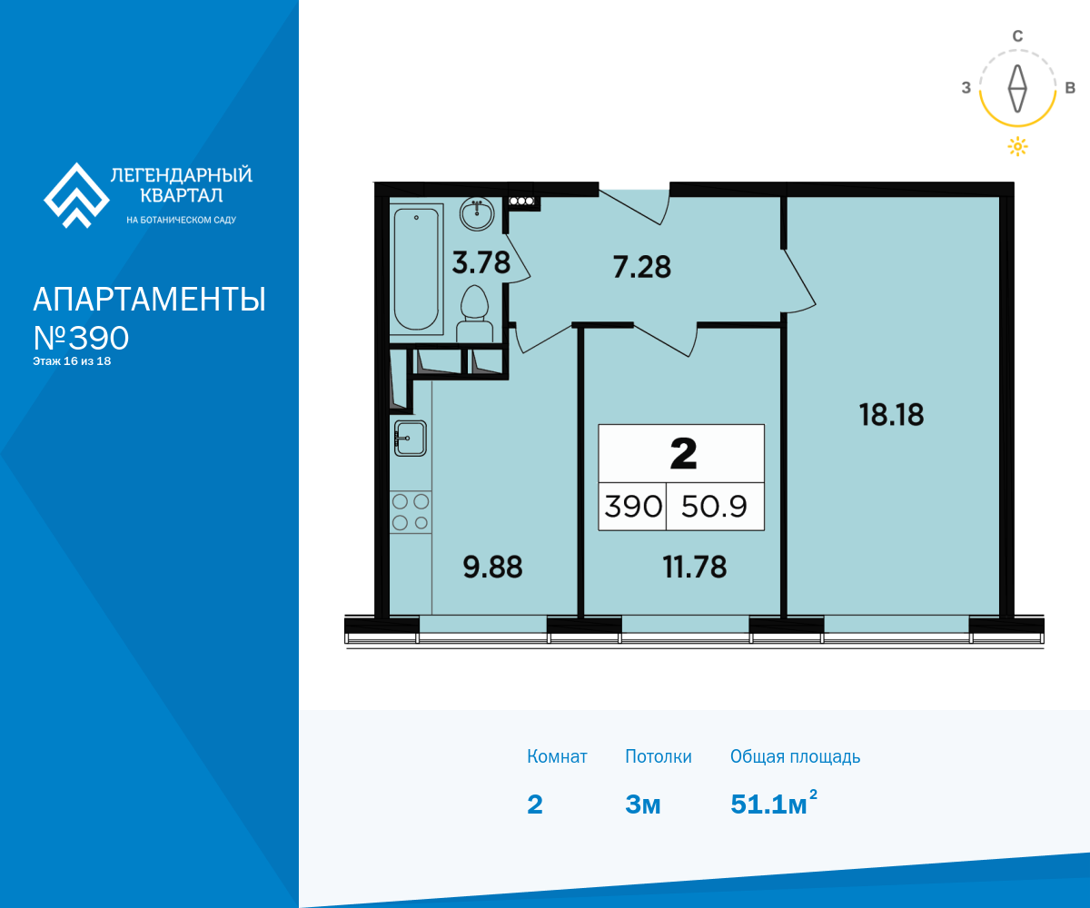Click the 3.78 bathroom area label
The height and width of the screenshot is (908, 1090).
point(481,262)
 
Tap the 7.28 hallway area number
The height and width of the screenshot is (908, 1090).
point(641,267)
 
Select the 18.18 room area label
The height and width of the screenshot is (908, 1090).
point(892,415)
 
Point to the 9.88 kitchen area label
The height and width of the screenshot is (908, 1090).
point(492,567)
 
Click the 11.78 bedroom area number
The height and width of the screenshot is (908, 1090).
point(695,567)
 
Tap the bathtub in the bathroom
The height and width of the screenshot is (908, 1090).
point(416,270)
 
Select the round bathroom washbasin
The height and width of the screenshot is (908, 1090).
point(477,214)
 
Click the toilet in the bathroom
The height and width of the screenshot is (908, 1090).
point(474,313)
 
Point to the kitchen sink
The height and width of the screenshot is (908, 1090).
point(411,439)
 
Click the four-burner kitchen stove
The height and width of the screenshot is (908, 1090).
point(411,512)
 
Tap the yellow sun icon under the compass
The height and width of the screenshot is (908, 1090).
point(1017,146)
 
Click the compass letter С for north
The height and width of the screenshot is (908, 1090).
point(1017,36)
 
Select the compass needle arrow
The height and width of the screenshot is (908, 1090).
point(1017,89)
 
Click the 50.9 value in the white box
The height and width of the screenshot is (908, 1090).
point(714,506)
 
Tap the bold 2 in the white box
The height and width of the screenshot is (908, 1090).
point(683,453)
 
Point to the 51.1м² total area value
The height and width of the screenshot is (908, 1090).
point(774,803)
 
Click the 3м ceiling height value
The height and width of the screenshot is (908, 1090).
point(642,804)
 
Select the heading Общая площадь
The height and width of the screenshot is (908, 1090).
point(795,756)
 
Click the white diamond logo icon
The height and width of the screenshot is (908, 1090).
point(76,196)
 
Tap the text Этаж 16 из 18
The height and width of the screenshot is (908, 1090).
point(72,361)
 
